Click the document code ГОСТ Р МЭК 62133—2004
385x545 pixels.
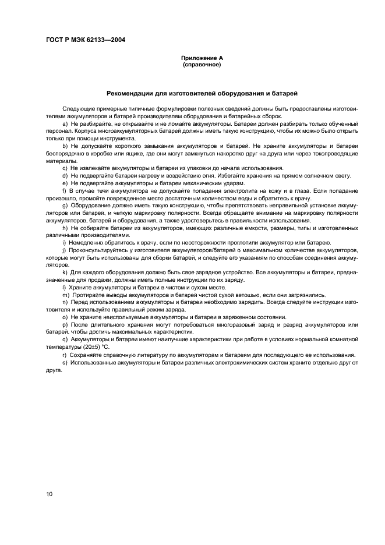coord(86,40)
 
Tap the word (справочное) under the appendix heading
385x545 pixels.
coord(201,65)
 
